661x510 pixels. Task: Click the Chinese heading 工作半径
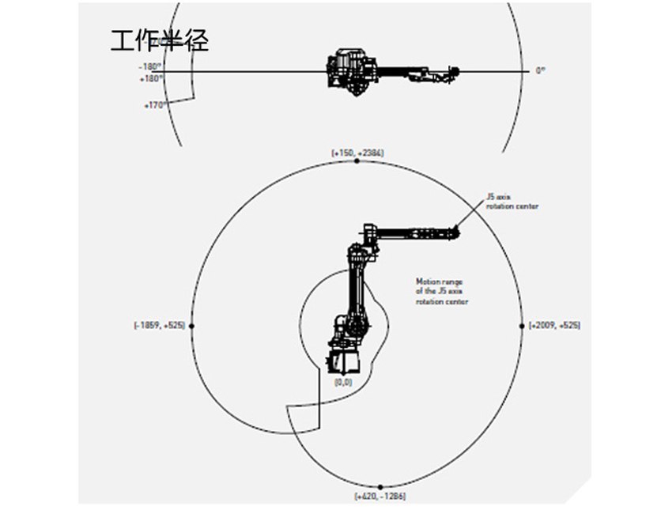click(x=160, y=41)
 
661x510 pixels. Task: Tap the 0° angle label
click(x=541, y=70)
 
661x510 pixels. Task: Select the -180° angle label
click(x=153, y=66)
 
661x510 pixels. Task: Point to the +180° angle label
click(x=152, y=78)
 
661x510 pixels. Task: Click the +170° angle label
click(x=154, y=104)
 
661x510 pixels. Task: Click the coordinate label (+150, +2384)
click(x=357, y=151)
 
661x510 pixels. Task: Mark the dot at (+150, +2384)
click(x=357, y=161)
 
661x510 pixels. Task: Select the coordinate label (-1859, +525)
click(x=160, y=326)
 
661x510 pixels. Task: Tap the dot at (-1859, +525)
click(x=192, y=326)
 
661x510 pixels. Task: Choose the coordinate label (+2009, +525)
click(x=554, y=326)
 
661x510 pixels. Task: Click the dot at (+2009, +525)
click(x=522, y=326)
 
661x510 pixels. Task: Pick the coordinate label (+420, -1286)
click(x=380, y=497)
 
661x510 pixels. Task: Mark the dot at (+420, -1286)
click(x=380, y=487)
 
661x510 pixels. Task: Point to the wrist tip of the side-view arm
click(x=456, y=232)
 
